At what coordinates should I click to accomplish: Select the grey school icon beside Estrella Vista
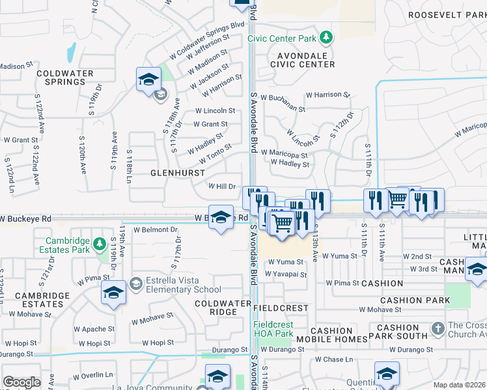coord(135,283)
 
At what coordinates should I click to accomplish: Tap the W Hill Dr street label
coord(221,186)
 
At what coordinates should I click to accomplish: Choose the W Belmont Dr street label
coord(156,229)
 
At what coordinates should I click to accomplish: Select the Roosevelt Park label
coord(447,15)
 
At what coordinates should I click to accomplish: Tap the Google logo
coord(21,382)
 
